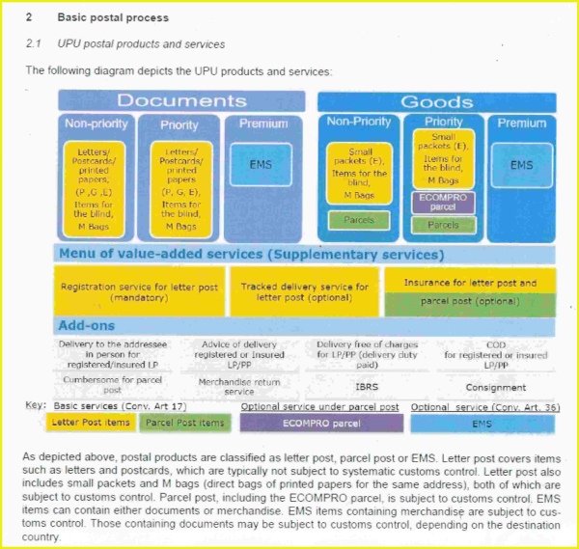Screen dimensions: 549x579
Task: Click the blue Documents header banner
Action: [x=181, y=100]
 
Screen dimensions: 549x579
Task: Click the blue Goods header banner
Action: [x=436, y=101]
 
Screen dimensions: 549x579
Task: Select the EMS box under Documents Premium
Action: [x=261, y=165]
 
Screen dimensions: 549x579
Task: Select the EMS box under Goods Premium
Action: [x=521, y=165]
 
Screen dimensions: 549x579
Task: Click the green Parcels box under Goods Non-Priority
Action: [x=358, y=220]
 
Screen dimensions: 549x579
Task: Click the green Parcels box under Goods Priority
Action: [x=443, y=225]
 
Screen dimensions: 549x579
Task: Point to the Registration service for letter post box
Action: [x=139, y=292]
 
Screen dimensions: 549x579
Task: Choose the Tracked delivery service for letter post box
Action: [x=304, y=292]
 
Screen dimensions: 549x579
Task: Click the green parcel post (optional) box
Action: [x=470, y=301]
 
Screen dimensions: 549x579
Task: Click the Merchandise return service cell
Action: [x=226, y=386]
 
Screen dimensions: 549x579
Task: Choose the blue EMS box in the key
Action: [x=481, y=423]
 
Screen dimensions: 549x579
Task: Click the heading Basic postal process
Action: [x=113, y=17]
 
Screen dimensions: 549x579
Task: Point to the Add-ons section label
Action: [x=86, y=326]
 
